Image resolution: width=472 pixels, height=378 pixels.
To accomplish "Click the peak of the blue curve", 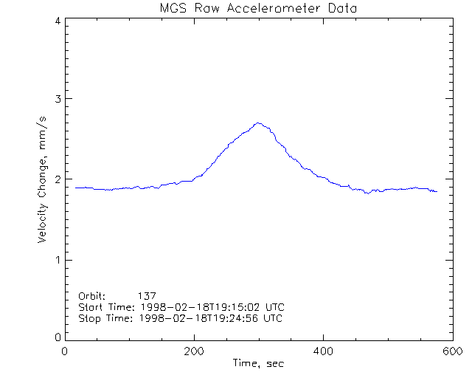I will [x=257, y=123].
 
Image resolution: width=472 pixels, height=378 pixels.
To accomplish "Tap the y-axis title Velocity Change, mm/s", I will [x=44, y=179].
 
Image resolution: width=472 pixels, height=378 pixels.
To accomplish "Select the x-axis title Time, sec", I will [x=258, y=363].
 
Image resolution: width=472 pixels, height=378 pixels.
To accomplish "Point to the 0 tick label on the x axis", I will [x=66, y=351].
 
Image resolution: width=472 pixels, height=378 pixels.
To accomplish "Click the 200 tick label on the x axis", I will [x=194, y=351].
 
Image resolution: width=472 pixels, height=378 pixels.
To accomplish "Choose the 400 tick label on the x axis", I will [x=323, y=351].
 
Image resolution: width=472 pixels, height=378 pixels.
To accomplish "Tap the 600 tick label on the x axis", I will [x=451, y=351].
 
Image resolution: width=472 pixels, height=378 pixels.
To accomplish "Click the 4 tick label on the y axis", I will [x=57, y=21].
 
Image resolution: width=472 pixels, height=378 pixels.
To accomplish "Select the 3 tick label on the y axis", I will [x=57, y=100].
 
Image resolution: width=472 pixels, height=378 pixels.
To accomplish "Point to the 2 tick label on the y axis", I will [x=57, y=179].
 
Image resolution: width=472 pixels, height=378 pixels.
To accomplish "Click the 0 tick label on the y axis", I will [x=57, y=337].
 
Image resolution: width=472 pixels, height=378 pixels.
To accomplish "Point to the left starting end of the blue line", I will [x=76, y=188].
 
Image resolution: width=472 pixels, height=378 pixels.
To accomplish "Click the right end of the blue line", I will [x=437, y=191].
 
